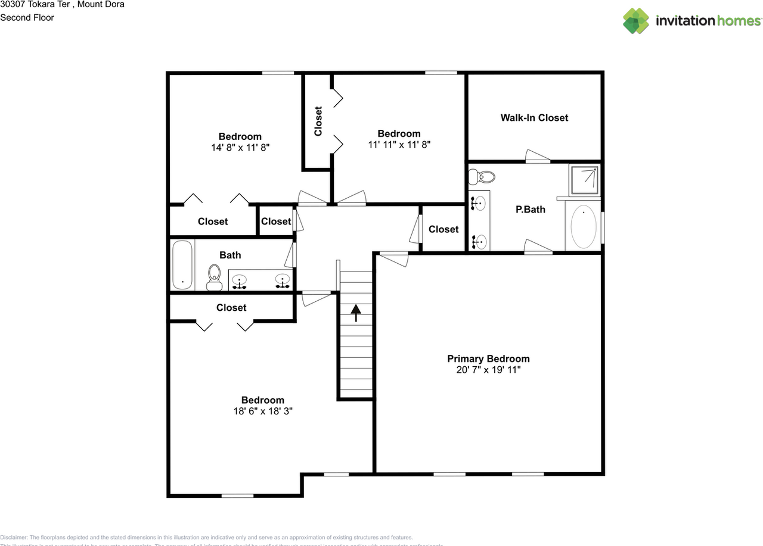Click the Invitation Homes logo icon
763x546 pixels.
(636, 21)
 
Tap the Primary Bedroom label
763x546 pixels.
(488, 358)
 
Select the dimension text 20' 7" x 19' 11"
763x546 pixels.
(488, 370)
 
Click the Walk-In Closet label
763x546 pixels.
(534, 118)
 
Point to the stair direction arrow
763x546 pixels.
(356, 313)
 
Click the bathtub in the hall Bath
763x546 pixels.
(182, 265)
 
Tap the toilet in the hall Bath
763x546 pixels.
(215, 277)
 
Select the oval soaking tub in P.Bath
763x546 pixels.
(583, 227)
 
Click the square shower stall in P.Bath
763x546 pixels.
(584, 179)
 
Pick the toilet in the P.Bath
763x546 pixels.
(482, 177)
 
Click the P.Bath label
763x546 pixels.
(530, 209)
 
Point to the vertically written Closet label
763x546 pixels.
(318, 121)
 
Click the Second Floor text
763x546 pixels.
(27, 18)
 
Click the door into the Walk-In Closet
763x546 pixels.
(538, 157)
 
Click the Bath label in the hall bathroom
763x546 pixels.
(230, 255)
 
